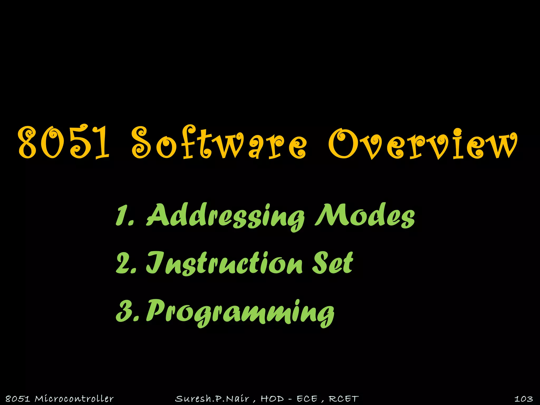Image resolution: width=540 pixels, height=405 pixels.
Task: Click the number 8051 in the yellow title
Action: point(63,142)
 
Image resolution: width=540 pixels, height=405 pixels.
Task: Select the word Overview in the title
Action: point(422,144)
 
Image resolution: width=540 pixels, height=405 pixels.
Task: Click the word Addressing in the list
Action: point(225,216)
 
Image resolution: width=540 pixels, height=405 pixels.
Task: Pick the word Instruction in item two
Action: point(224,264)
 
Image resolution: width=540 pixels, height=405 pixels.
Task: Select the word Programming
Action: point(240,312)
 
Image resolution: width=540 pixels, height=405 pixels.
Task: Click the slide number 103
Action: point(523,399)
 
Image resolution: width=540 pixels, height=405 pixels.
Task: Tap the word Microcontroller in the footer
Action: point(74,399)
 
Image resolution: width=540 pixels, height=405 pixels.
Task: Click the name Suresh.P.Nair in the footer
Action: point(212,399)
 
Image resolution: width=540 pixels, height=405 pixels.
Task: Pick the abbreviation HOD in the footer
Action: point(272,399)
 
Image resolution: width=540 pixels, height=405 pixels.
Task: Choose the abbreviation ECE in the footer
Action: point(307,399)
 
